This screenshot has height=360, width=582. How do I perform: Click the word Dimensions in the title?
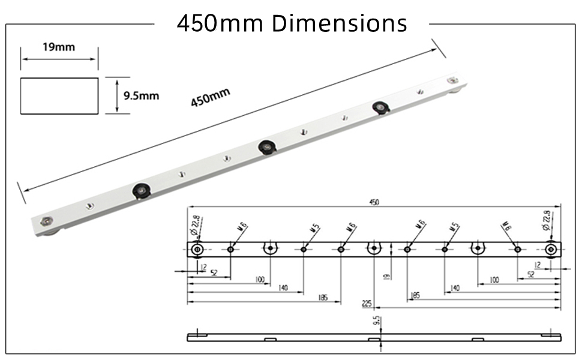pyautogui.click(x=339, y=23)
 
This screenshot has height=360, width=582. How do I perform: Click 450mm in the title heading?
pyautogui.click(x=220, y=23)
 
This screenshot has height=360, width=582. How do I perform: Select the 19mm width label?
pyautogui.click(x=59, y=47)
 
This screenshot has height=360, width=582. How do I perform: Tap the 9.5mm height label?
pyautogui.click(x=141, y=95)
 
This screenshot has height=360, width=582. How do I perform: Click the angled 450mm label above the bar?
pyautogui.click(x=211, y=97)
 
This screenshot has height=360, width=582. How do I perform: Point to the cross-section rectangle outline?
pyautogui.click(x=59, y=95)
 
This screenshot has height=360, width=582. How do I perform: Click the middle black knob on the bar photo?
pyautogui.click(x=264, y=146)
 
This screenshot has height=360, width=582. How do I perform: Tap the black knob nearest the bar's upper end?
pyautogui.click(x=380, y=107)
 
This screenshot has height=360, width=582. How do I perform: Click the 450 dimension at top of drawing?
pyautogui.click(x=373, y=203)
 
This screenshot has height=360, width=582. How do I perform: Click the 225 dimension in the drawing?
pyautogui.click(x=367, y=304)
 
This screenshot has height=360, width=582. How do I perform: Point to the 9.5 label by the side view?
pyautogui.click(x=376, y=322)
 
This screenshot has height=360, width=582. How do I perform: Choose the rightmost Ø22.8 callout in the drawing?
pyautogui.click(x=546, y=220)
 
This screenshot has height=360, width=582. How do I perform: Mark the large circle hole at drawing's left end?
pyautogui.click(x=196, y=249)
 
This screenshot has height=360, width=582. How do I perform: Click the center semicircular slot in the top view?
pyautogui.click(x=374, y=248)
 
